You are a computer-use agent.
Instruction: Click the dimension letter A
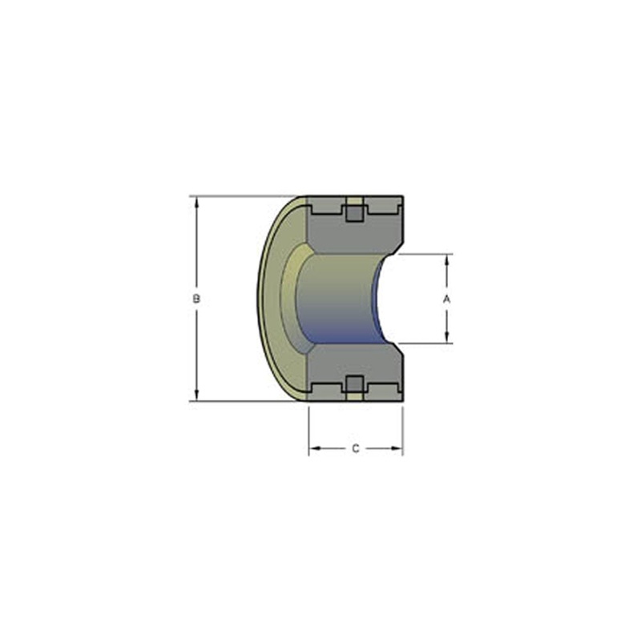pyautogui.click(x=447, y=298)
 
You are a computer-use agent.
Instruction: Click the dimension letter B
pyautogui.click(x=196, y=298)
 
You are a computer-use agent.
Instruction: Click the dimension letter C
pyautogui.click(x=356, y=449)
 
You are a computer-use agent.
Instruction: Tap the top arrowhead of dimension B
pyautogui.click(x=196, y=201)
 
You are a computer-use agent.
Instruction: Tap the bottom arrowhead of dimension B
pyautogui.click(x=196, y=395)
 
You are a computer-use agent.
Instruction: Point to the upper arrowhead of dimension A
pyautogui.click(x=447, y=259)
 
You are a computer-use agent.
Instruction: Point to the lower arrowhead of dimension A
pyautogui.click(x=447, y=338)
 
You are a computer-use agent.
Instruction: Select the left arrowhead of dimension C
pyautogui.click(x=314, y=449)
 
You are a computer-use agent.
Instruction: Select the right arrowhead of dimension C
pyautogui.click(x=397, y=449)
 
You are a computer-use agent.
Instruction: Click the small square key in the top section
pyautogui.click(x=353, y=212)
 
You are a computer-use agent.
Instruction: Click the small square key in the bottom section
pyautogui.click(x=353, y=383)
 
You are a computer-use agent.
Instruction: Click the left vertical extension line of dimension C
pyautogui.click(x=309, y=429)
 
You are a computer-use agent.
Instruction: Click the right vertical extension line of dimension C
pyautogui.click(x=403, y=429)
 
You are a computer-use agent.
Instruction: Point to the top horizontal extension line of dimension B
pyautogui.click(x=240, y=196)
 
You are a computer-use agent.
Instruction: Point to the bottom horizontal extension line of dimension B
pyautogui.click(x=240, y=401)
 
